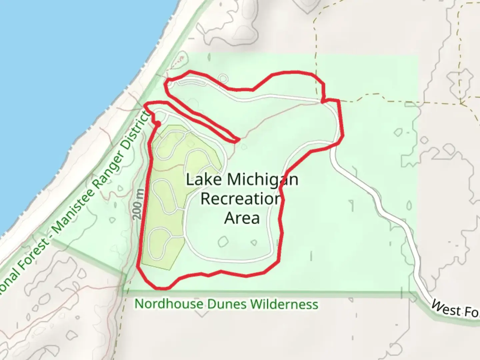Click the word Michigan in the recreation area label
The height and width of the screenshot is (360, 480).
tap(262, 180)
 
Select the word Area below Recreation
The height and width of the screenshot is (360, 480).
tap(242, 218)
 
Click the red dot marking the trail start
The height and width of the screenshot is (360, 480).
tap(158, 124)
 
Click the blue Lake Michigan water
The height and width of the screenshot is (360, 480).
tap(67, 83)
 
